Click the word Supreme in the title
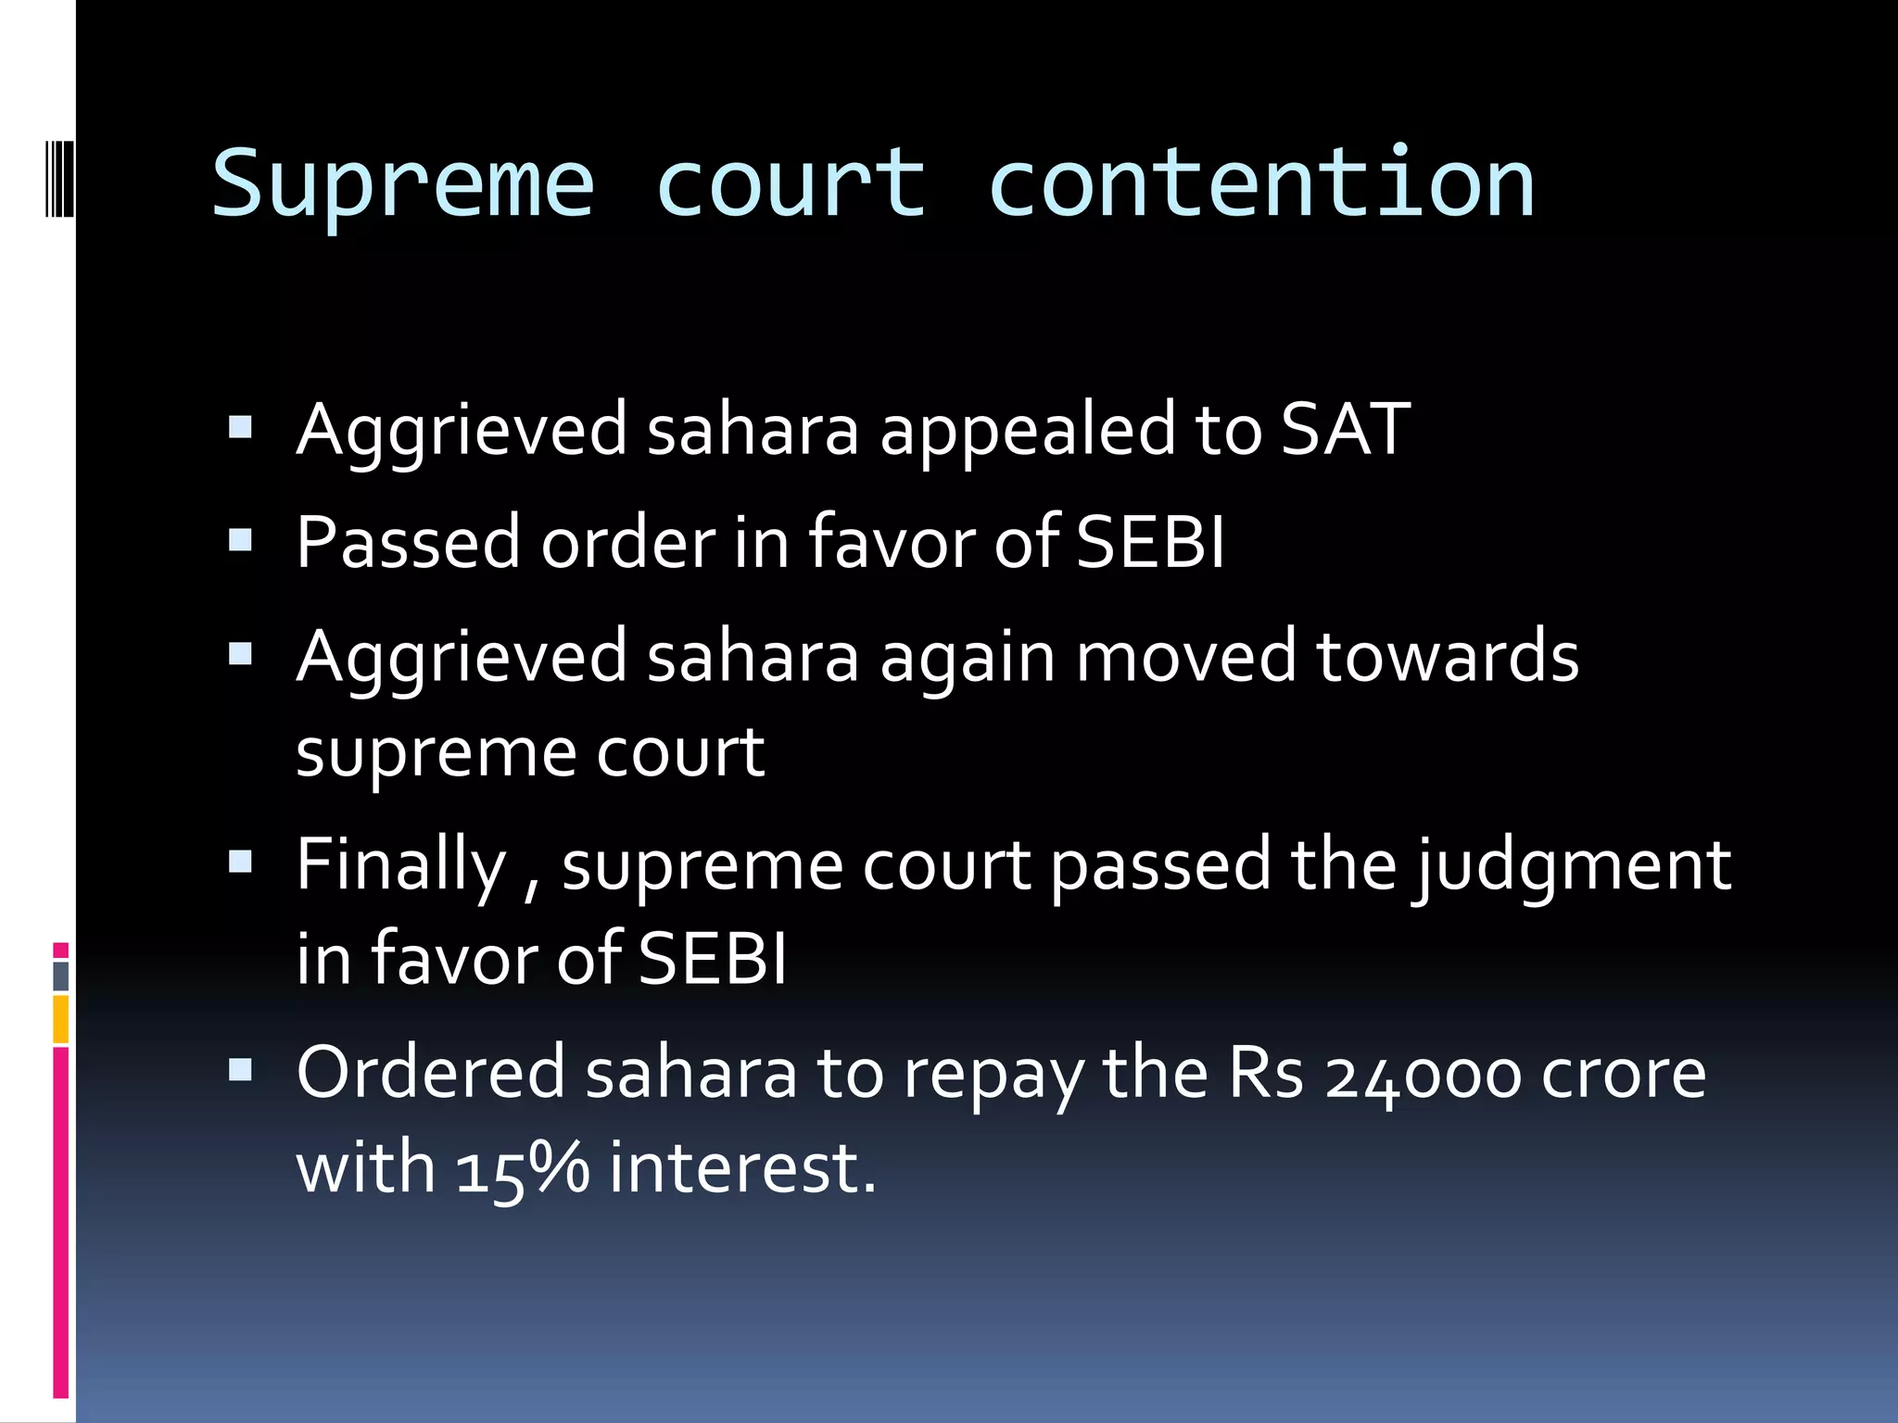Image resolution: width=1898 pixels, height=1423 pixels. tap(403, 185)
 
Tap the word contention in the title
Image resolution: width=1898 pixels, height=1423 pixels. tap(1261, 185)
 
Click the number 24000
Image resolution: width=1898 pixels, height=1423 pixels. tap(1423, 1075)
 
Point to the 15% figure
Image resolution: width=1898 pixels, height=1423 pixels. tap(522, 1168)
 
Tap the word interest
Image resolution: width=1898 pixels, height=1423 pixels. tap(741, 1168)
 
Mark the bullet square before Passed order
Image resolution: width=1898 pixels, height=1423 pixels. tap(240, 540)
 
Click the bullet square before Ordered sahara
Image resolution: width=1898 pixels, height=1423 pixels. tap(240, 1071)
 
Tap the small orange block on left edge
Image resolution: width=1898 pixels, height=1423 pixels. tap(60, 1019)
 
